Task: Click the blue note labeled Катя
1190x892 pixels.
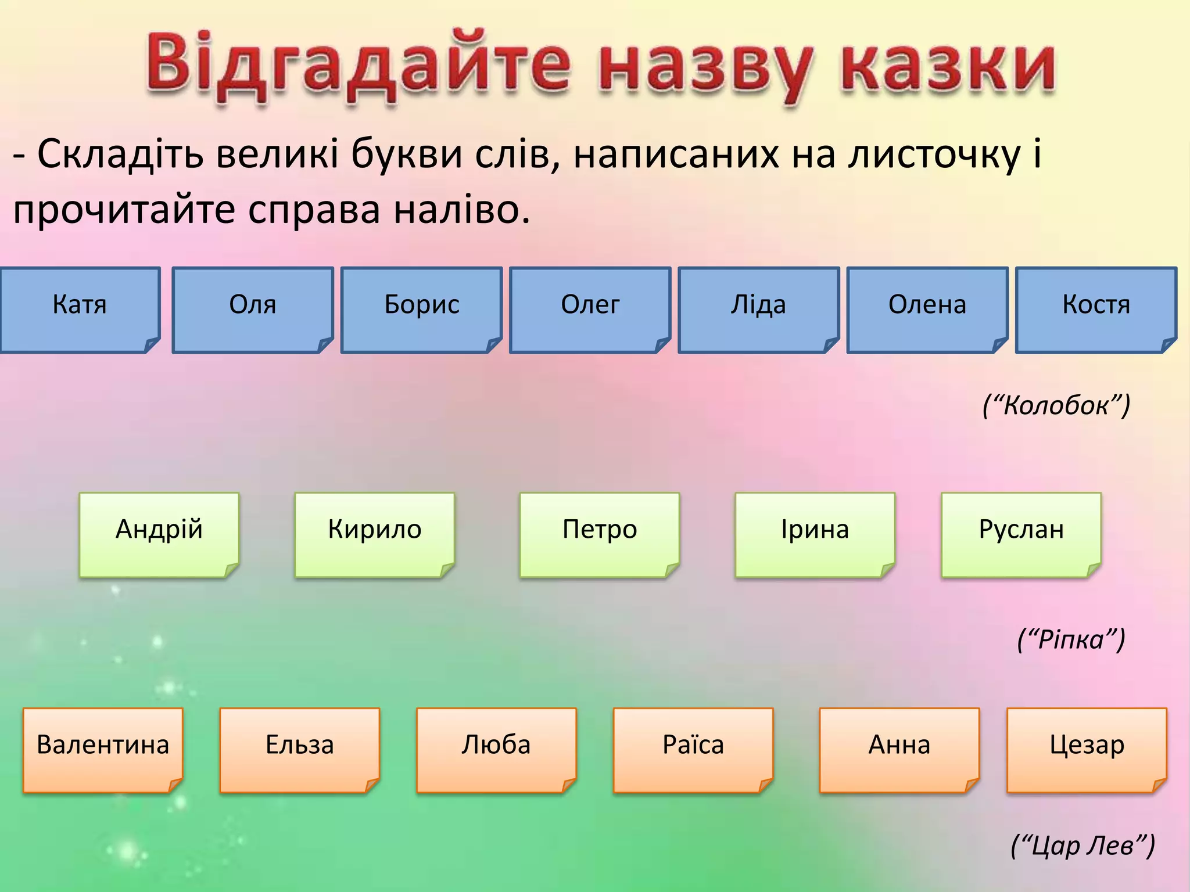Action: (80, 310)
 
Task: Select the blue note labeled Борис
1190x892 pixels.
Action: (421, 310)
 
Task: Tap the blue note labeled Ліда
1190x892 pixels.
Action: (758, 310)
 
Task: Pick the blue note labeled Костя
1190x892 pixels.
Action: (1096, 310)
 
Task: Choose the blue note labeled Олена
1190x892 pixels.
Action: (927, 310)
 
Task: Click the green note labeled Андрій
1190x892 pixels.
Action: (159, 534)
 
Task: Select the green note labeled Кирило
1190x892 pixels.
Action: (374, 534)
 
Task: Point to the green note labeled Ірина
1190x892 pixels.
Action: (815, 534)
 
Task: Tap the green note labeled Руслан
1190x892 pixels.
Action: (1021, 534)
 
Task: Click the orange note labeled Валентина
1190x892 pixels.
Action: (103, 749)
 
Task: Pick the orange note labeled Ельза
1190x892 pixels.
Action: (299, 749)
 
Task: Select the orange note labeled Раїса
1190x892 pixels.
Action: (693, 749)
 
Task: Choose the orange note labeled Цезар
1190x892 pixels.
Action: (1087, 749)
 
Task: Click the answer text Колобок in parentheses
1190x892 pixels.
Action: (1056, 405)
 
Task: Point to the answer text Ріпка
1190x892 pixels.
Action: (1071, 639)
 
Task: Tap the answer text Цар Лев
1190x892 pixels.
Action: (1083, 846)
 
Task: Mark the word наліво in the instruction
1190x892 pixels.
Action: (461, 210)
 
